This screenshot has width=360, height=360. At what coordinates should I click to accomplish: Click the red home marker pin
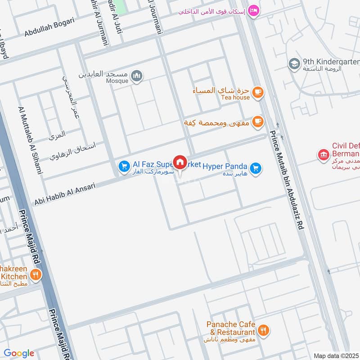pos(180,162)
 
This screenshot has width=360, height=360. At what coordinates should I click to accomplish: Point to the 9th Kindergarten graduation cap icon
pos(294,64)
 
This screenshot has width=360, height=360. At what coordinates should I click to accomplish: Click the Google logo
pos(19,353)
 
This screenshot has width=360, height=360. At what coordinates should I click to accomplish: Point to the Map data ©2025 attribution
pos(335,355)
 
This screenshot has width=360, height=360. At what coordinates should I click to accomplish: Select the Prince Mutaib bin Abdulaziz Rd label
pos(287,180)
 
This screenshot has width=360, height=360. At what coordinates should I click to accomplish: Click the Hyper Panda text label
pos(225,166)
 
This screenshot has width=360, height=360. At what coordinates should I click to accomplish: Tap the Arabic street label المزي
pos(57,134)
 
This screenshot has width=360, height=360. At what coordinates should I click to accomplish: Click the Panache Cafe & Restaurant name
pos(231,328)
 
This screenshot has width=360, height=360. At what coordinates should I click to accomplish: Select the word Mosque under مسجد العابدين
pos(117,81)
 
